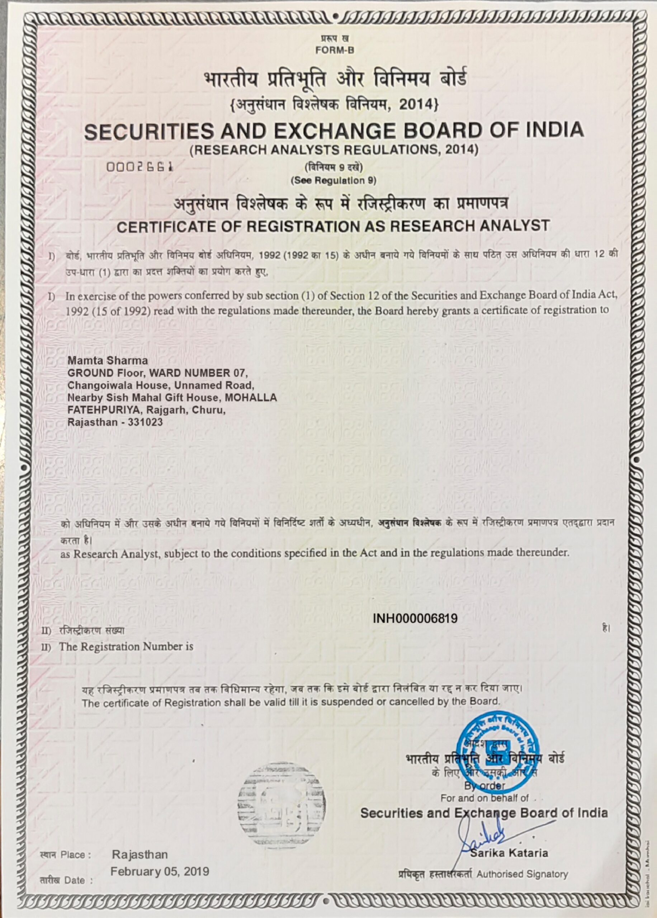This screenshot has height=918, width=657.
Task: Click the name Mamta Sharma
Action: [x=102, y=360]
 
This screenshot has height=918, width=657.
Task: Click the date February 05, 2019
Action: [x=160, y=871]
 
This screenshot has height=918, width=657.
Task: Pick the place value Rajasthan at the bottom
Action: [x=140, y=855]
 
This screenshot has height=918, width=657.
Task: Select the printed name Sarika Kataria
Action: [x=509, y=853]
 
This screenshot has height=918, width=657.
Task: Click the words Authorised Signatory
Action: [x=522, y=874]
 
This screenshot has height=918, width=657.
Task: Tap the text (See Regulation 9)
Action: [x=334, y=181]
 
